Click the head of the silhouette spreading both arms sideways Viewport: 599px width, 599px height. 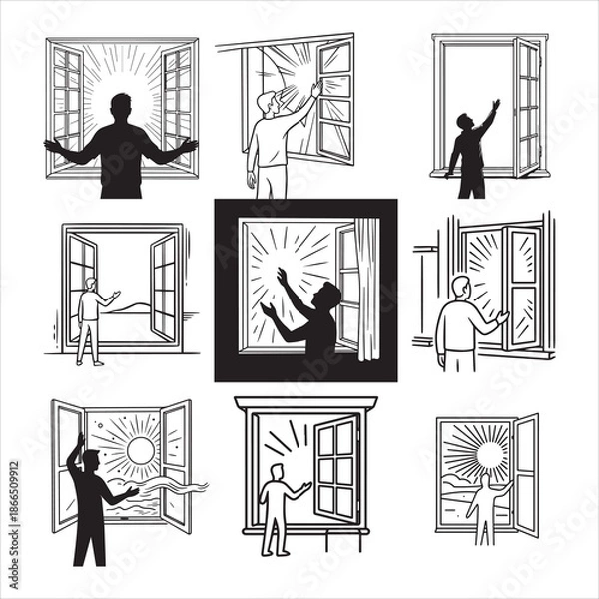click(x=121, y=105)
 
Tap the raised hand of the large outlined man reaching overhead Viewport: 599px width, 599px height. click(x=316, y=88)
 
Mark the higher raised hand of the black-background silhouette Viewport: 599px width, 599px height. click(x=284, y=275)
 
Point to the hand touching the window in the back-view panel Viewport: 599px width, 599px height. click(x=503, y=317)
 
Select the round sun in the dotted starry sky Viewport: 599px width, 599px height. click(x=141, y=451)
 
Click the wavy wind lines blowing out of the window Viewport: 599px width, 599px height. click(x=175, y=486)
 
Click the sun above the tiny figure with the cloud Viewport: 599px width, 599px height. click(x=490, y=455)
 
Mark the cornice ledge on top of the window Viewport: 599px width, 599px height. click(x=304, y=402)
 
